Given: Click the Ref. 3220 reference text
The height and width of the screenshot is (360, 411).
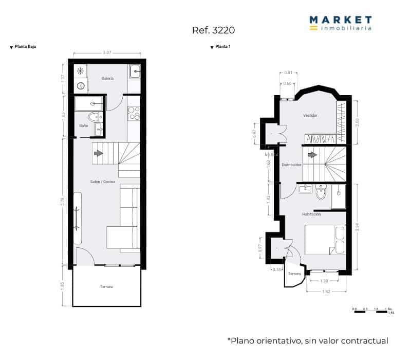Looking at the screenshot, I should pyautogui.click(x=213, y=30).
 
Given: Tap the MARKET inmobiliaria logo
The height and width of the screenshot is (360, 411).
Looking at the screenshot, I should pyautogui.click(x=340, y=23).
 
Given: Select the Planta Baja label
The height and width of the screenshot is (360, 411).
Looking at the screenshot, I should pyautogui.click(x=25, y=47).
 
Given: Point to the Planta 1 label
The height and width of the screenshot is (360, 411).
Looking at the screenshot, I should pyautogui.click(x=223, y=47).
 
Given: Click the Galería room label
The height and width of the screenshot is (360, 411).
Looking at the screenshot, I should pyautogui.click(x=107, y=78).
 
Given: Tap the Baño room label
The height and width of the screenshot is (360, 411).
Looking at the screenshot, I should pyautogui.click(x=83, y=125).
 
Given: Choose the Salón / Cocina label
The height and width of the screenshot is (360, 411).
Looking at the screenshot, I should pyautogui.click(x=103, y=182).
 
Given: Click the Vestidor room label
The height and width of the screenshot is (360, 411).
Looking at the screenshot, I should pyautogui.click(x=310, y=115).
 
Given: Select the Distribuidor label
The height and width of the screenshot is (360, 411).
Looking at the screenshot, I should pyautogui.click(x=291, y=165).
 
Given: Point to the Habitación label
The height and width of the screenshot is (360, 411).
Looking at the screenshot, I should pyautogui.click(x=311, y=214).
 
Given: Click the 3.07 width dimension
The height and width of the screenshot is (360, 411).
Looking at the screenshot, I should pyautogui.click(x=107, y=52).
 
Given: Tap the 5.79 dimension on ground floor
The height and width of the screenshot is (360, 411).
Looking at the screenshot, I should pyautogui.click(x=63, y=202).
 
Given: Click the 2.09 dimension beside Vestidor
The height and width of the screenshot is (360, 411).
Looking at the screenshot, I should pyautogui.click(x=357, y=122).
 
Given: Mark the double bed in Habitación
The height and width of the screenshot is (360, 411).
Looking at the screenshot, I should pyautogui.click(x=325, y=240).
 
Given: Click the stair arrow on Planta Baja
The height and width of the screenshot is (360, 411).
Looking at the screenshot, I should pyautogui.click(x=98, y=153).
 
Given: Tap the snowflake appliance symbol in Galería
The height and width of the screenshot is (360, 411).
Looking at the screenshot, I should pyautogui.click(x=80, y=70).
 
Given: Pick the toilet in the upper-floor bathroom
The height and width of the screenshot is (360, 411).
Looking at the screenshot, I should pyautogui.click(x=321, y=192).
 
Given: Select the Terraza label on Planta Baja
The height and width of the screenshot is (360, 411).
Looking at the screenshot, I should pyautogui.click(x=106, y=286).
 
